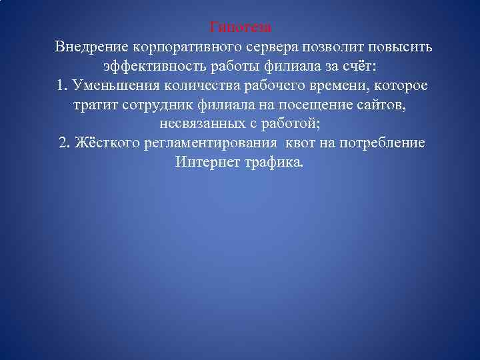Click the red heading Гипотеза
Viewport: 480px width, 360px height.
point(240,28)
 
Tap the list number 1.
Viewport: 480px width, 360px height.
point(61,87)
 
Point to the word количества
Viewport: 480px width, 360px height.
point(197,87)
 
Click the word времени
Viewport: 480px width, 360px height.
point(336,87)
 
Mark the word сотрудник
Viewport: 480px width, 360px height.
point(149,106)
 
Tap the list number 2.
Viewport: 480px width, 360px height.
point(64,145)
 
